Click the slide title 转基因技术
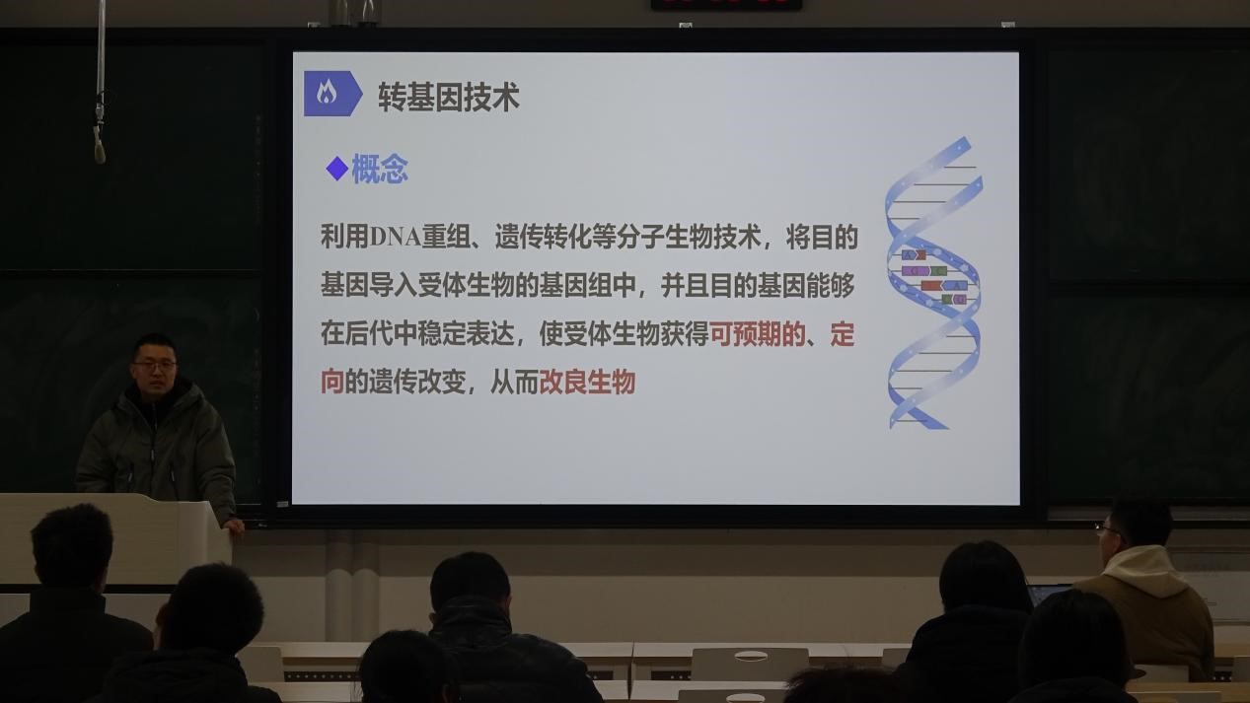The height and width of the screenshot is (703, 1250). pyautogui.click(x=449, y=97)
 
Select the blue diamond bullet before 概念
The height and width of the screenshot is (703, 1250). pyautogui.click(x=337, y=169)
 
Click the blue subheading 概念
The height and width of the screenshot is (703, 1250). pyautogui.click(x=380, y=169)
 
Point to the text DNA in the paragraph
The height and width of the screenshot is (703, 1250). pyautogui.click(x=395, y=238)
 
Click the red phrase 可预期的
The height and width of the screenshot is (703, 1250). pyautogui.click(x=758, y=334)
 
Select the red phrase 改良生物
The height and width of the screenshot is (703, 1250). pyautogui.click(x=587, y=383)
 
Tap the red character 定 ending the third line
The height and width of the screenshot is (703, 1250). pyautogui.click(x=843, y=334)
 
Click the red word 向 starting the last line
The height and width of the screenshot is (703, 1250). pyautogui.click(x=332, y=383)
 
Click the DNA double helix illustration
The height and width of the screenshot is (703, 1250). pyautogui.click(x=933, y=283)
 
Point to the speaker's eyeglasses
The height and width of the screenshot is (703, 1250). pyautogui.click(x=154, y=366)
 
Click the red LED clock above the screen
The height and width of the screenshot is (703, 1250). pyautogui.click(x=726, y=5)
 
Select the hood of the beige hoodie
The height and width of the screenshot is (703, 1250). pyautogui.click(x=1144, y=571)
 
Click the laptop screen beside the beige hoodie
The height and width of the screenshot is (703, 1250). pyautogui.click(x=1048, y=595)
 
